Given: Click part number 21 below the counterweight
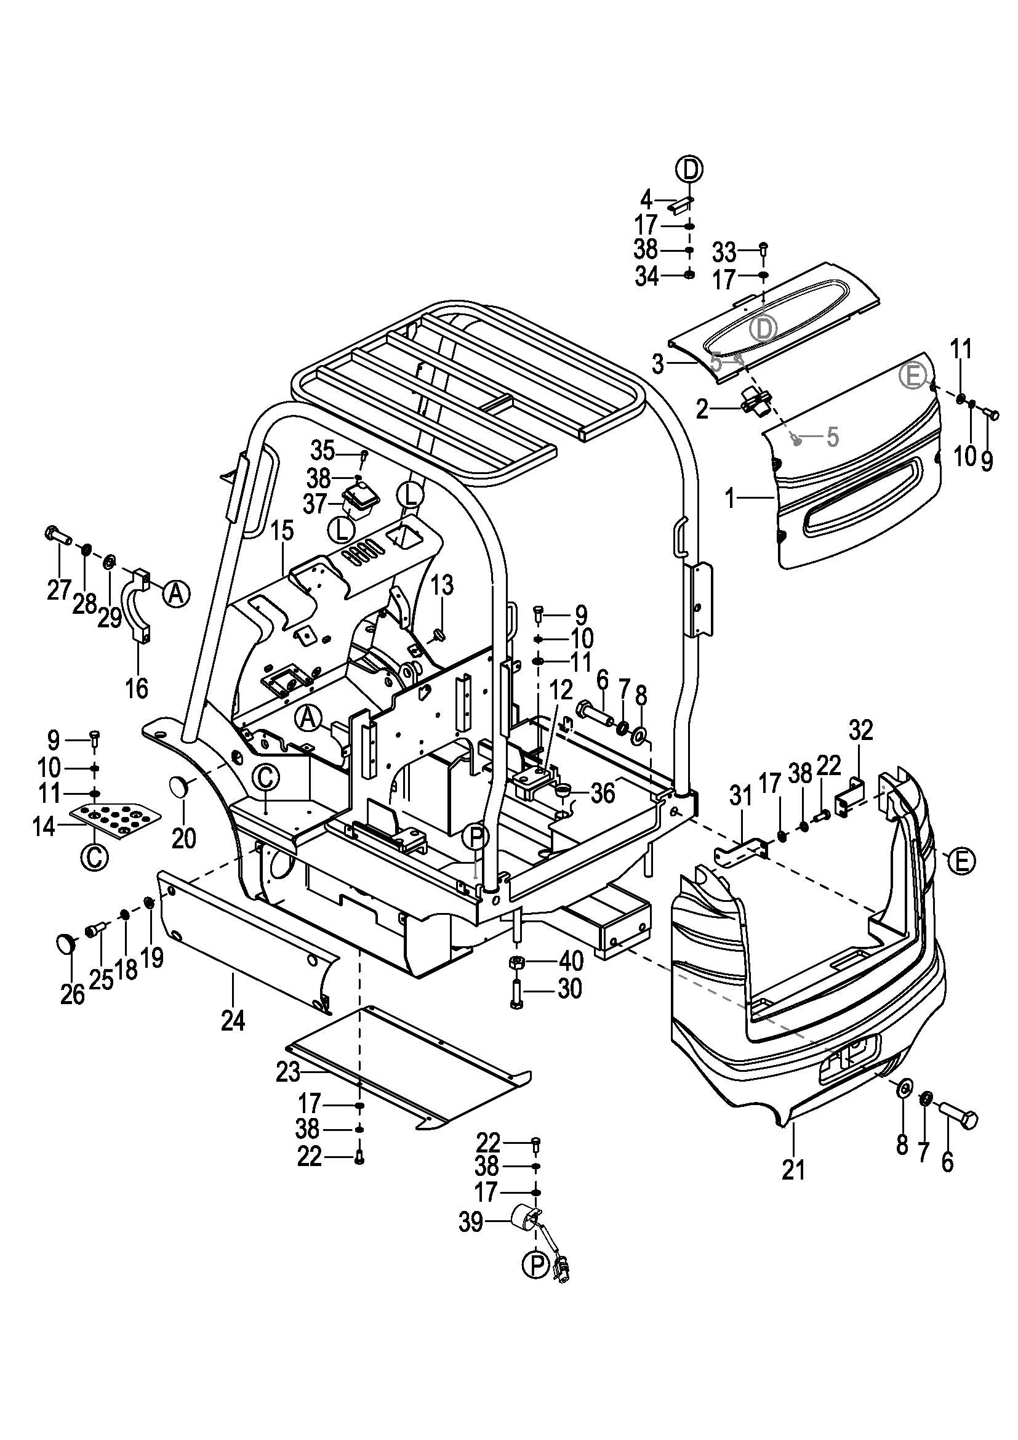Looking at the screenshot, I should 793,1170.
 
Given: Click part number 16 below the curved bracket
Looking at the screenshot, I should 137,688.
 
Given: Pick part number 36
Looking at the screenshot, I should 603,794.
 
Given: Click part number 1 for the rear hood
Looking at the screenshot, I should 729,499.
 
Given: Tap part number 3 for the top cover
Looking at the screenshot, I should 657,363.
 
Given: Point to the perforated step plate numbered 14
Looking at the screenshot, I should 116,817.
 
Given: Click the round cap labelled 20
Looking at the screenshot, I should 181,786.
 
